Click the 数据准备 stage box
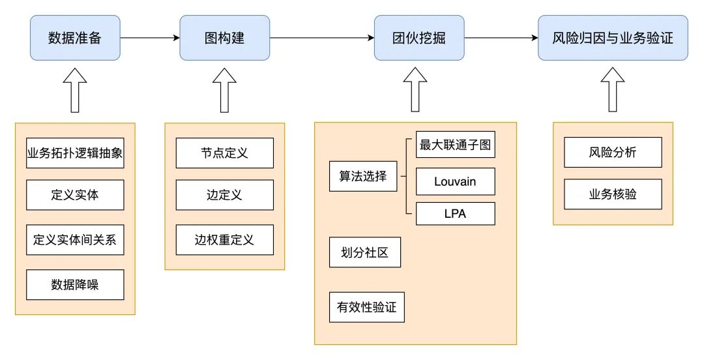75,38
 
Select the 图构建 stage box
225,38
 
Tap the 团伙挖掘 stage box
420,38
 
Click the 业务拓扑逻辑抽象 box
75,153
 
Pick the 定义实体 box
75,194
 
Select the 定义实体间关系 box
75,239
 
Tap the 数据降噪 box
75,284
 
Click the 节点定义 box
225,153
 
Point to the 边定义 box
225,194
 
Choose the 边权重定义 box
225,239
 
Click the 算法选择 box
363,176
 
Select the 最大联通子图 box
456,145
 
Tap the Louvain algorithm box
456,181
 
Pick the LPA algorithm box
456,213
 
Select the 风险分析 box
613,153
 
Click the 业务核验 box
613,194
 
